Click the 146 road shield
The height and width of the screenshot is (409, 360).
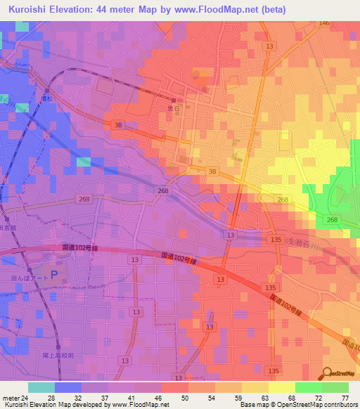tap(323, 23)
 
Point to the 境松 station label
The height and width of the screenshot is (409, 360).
tap(47, 98)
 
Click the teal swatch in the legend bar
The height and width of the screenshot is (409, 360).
tap(41, 387)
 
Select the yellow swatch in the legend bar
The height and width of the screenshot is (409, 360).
tap(282, 387)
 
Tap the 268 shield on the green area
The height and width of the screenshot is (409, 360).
tap(332, 220)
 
